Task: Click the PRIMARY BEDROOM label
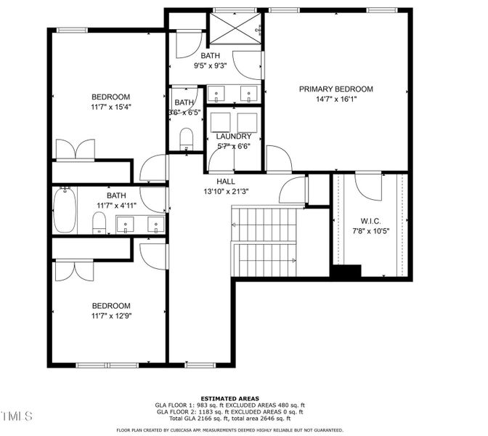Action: coord(335,89)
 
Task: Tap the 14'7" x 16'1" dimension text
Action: coord(335,100)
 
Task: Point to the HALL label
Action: coord(225,182)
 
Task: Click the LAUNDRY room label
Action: coord(234,137)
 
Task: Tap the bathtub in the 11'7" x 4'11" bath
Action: coord(65,211)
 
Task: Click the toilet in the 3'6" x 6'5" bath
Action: coord(186,138)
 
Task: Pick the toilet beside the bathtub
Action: coord(99,222)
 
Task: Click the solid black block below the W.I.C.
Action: coord(346,272)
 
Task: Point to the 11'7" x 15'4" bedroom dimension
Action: coord(110,107)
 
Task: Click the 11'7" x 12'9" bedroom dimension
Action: coord(110,315)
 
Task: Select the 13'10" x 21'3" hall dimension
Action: coord(225,192)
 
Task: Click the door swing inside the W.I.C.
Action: coord(368,187)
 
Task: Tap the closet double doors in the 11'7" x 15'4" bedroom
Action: coord(76,149)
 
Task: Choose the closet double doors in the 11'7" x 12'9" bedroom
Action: coord(75,270)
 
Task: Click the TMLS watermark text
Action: coord(16,416)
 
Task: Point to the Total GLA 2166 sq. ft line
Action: coord(230,419)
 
